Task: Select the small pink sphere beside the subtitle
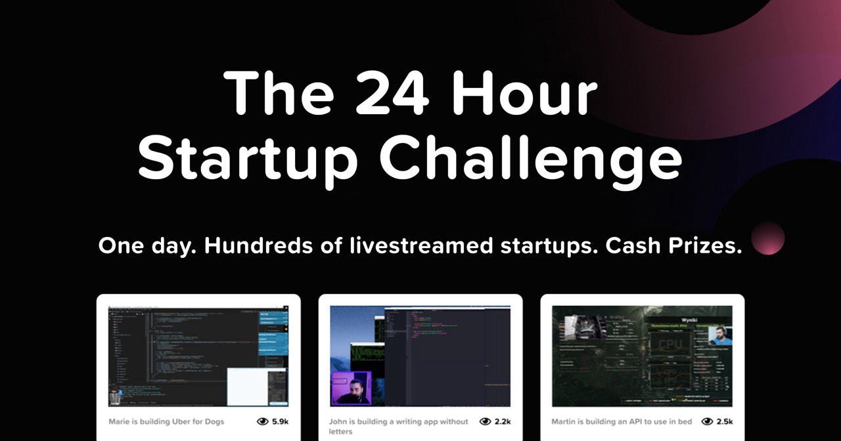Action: pos(767,238)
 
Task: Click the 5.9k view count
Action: pos(279,421)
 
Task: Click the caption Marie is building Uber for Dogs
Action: pos(167,421)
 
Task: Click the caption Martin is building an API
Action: pos(621,421)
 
